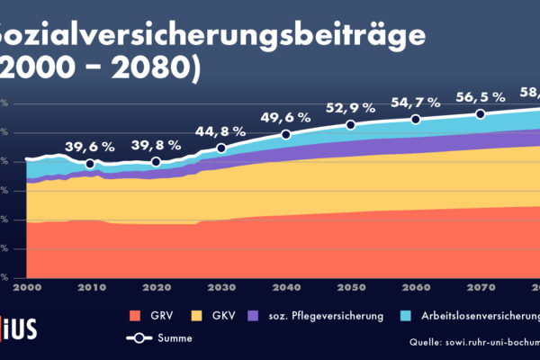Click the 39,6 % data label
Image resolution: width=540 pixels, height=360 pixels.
point(90,147)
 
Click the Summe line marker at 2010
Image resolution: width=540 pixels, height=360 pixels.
point(90,164)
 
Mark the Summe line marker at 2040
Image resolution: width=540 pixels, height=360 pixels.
point(286,135)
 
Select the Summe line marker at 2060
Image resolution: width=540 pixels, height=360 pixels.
point(416,120)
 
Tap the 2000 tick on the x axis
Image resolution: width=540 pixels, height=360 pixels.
point(26,286)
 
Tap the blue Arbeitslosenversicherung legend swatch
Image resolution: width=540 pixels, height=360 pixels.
point(405,316)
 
